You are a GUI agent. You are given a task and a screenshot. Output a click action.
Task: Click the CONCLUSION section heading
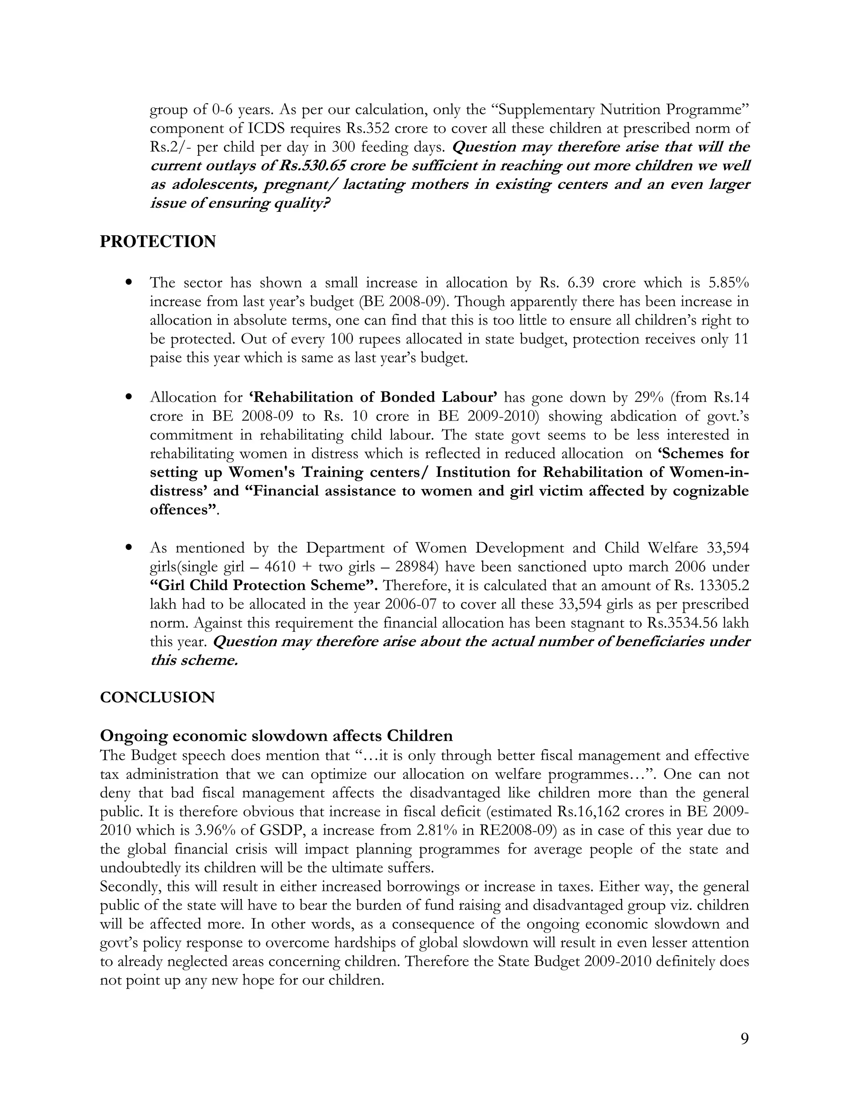(157, 697)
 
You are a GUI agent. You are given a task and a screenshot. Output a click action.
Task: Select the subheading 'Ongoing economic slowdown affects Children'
(276, 735)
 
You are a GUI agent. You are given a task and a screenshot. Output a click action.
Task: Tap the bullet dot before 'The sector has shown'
(130, 283)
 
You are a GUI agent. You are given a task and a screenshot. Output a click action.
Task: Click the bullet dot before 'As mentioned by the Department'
(130, 547)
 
